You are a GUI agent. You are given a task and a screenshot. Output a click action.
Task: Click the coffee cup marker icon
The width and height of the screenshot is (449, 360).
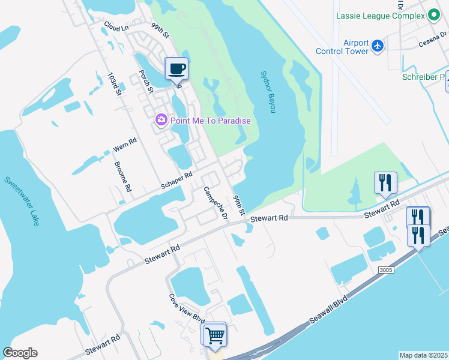click(x=176, y=68)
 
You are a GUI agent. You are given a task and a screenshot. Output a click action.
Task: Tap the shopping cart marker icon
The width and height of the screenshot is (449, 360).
click(x=215, y=334)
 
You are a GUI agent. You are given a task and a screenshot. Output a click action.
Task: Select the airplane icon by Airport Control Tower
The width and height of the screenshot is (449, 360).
click(x=377, y=46)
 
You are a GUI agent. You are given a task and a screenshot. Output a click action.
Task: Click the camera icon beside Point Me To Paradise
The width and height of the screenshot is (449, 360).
click(x=161, y=120)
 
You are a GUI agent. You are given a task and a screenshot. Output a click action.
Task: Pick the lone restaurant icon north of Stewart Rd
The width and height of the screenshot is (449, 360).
click(x=385, y=182)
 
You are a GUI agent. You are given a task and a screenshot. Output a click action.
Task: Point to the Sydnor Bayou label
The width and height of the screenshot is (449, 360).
click(x=268, y=92)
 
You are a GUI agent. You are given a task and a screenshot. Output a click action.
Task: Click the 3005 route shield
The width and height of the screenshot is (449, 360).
click(x=386, y=271)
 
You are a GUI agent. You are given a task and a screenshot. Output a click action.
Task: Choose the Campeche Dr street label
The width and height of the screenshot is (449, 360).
click(x=215, y=203)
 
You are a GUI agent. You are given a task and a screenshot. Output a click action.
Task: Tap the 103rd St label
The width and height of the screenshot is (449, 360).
click(x=114, y=85)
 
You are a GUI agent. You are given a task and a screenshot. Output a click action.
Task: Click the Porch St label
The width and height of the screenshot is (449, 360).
click(x=146, y=82)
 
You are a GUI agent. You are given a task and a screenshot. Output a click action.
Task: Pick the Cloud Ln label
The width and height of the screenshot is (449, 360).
click(x=116, y=27)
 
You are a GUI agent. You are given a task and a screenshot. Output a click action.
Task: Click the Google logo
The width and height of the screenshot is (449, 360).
click(x=20, y=352)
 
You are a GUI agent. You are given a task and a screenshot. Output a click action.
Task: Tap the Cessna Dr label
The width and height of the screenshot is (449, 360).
click(x=432, y=42)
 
